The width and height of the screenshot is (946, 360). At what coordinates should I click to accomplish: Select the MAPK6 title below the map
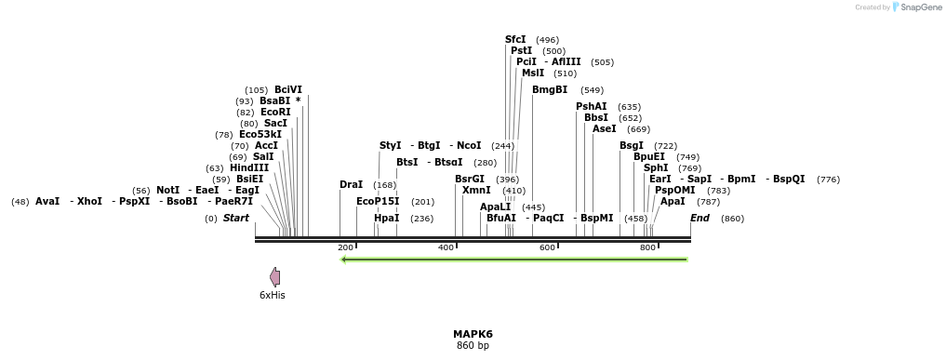tap(473, 334)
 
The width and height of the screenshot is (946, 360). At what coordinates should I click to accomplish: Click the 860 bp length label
tap(473, 346)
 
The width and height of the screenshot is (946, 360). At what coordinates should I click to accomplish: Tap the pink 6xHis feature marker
tap(274, 276)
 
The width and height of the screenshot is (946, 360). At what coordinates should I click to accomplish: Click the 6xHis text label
tap(273, 295)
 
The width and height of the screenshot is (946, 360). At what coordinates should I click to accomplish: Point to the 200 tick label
tap(345, 247)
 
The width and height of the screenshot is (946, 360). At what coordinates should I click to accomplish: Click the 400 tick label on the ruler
tap(446, 247)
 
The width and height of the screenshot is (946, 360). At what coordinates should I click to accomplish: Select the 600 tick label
tap(547, 247)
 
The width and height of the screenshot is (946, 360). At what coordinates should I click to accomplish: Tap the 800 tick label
tap(648, 247)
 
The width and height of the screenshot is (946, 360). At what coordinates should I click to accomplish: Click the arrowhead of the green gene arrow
tap(345, 260)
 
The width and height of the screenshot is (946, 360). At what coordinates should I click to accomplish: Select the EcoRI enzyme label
tap(275, 112)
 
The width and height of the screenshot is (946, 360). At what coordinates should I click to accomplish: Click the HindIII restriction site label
tap(249, 167)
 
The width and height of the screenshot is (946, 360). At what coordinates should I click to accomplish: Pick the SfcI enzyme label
tap(515, 39)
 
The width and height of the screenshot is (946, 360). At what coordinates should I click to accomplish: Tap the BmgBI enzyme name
tap(550, 89)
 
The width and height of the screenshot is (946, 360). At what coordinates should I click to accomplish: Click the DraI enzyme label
tap(352, 184)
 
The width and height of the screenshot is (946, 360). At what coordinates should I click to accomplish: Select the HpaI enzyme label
tap(386, 218)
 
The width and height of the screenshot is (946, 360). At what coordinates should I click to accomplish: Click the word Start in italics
tap(236, 218)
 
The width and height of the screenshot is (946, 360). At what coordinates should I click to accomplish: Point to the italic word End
tap(700, 218)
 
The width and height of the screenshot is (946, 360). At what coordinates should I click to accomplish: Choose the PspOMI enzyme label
tap(675, 190)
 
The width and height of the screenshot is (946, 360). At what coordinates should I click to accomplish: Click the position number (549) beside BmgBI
tap(592, 90)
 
